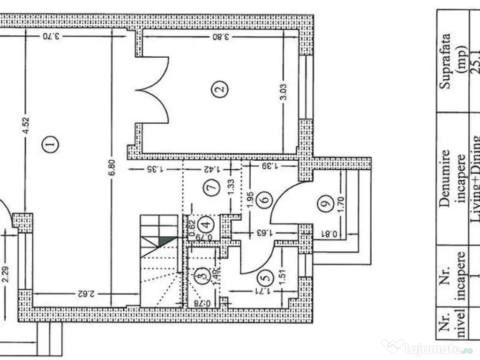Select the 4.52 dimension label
click(26, 125)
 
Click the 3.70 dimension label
click(51, 36)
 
